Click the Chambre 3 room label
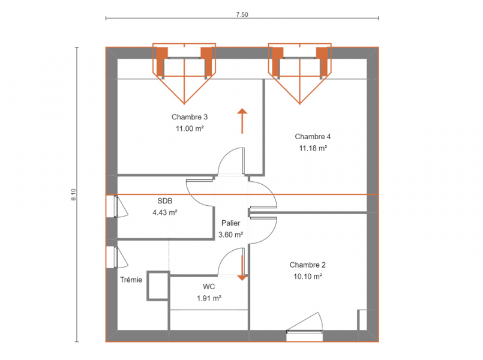click(x=190, y=117)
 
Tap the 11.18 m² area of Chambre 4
click(x=313, y=148)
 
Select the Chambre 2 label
click(x=307, y=265)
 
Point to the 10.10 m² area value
click(x=308, y=276)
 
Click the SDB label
click(x=165, y=201)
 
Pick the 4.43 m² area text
click(x=165, y=212)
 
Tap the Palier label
click(x=231, y=223)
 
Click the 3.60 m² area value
click(x=231, y=235)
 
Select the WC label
click(x=209, y=287)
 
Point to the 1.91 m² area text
click(x=209, y=298)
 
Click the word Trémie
click(x=131, y=280)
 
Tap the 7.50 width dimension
click(x=242, y=14)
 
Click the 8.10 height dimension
click(x=74, y=194)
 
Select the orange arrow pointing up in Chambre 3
click(x=242, y=121)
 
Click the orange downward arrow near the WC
click(x=242, y=268)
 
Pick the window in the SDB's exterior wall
click(x=116, y=206)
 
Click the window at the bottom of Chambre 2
click(x=304, y=331)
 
